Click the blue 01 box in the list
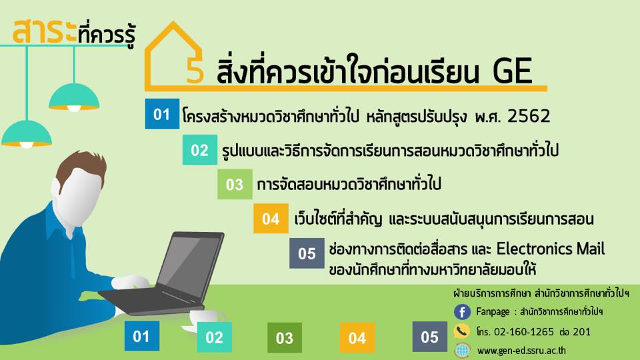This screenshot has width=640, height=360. tap(162, 114)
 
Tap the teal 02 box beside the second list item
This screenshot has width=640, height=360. tap(199, 150)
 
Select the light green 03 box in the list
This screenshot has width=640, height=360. tap(235, 184)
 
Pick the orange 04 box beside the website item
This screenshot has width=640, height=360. tap(271, 219)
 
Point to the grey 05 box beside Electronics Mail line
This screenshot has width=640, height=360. tap(307, 253)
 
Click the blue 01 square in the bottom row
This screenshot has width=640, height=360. tap(141, 336)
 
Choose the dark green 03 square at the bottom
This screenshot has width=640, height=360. tap(285, 337)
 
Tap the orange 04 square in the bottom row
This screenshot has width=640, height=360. tap(357, 337)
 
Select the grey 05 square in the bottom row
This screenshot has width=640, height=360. tap(429, 337)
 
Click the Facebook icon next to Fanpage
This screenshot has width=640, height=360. tap(462, 312)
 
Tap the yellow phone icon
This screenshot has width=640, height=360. tap(461, 331)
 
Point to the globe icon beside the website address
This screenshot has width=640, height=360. tap(462, 350)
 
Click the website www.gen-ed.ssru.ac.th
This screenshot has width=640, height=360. tap(521, 351)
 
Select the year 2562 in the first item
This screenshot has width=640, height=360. tap(529, 116)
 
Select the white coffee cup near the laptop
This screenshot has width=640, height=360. tap(206, 319)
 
